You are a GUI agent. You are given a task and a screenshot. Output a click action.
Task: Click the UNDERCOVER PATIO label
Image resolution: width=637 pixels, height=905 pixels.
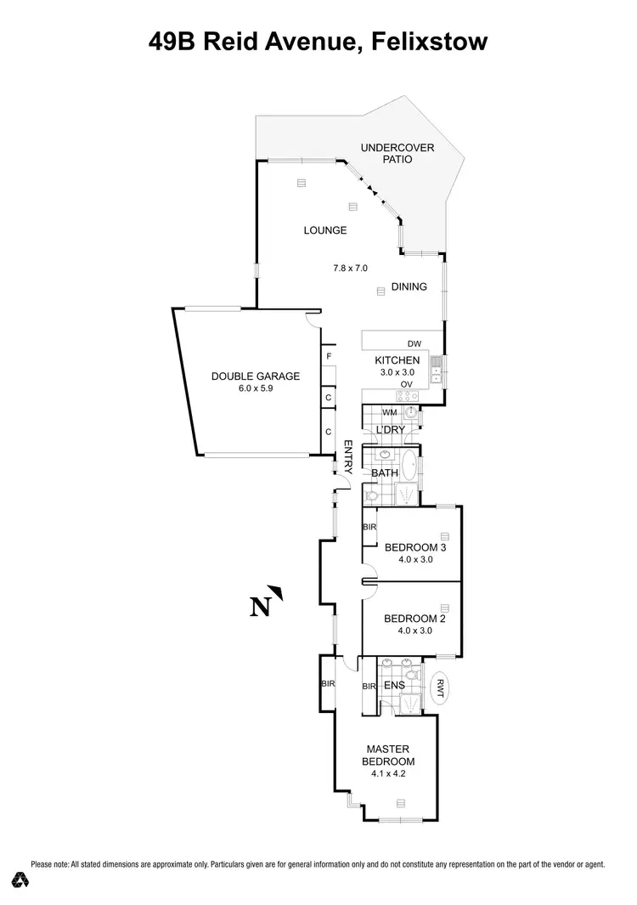click(x=397, y=153)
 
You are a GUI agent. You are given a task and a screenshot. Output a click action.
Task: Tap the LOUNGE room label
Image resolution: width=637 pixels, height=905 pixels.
click(x=325, y=230)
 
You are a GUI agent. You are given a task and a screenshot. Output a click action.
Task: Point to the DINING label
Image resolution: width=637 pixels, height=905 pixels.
click(x=409, y=287)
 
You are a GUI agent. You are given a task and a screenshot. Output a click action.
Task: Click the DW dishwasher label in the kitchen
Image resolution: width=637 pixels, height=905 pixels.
click(x=414, y=343)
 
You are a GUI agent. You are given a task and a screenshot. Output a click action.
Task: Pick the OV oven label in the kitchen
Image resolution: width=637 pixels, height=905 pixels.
click(x=407, y=385)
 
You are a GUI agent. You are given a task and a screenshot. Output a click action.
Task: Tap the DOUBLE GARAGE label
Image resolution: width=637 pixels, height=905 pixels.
click(x=244, y=376)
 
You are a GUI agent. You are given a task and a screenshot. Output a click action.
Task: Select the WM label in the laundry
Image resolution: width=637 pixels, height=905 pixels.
click(x=390, y=413)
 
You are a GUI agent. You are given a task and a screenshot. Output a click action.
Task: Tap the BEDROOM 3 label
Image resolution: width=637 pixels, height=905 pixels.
click(x=415, y=546)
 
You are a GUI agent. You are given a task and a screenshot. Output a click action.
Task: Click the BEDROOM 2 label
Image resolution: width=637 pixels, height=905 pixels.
click(x=415, y=619)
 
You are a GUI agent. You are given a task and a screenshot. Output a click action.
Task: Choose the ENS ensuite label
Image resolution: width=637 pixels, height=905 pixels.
click(x=394, y=685)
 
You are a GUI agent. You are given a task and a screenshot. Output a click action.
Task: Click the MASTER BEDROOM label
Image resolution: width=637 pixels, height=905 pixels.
click(x=390, y=755)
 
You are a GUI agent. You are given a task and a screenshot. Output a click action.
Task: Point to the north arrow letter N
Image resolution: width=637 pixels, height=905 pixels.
click(x=261, y=606)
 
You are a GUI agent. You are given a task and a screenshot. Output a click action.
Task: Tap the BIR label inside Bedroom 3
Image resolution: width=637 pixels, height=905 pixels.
click(x=369, y=528)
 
